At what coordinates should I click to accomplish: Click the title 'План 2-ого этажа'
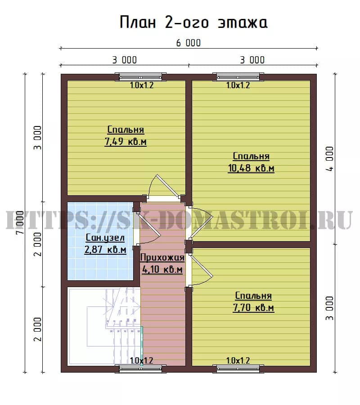tap(193, 22)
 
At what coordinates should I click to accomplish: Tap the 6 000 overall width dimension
tap(189, 43)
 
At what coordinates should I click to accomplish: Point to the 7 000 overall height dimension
tap(20, 222)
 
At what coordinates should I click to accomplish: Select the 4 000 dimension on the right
tap(329, 159)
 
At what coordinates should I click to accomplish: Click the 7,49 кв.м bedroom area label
tap(126, 142)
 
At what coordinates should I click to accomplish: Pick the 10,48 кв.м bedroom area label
tap(251, 168)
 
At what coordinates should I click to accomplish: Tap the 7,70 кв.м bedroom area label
tap(253, 308)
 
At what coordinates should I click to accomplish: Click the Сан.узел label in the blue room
tap(105, 238)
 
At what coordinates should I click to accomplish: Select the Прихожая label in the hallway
tap(162, 257)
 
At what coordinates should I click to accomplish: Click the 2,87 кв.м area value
tap(105, 250)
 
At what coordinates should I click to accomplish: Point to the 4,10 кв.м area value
tap(162, 270)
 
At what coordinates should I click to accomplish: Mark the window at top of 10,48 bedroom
tap(238, 76)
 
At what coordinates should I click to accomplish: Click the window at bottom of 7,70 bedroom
tap(238, 369)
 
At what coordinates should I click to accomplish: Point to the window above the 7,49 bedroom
tap(141, 76)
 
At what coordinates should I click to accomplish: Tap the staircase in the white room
tap(114, 326)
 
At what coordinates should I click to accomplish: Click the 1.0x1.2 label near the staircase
tap(141, 360)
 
